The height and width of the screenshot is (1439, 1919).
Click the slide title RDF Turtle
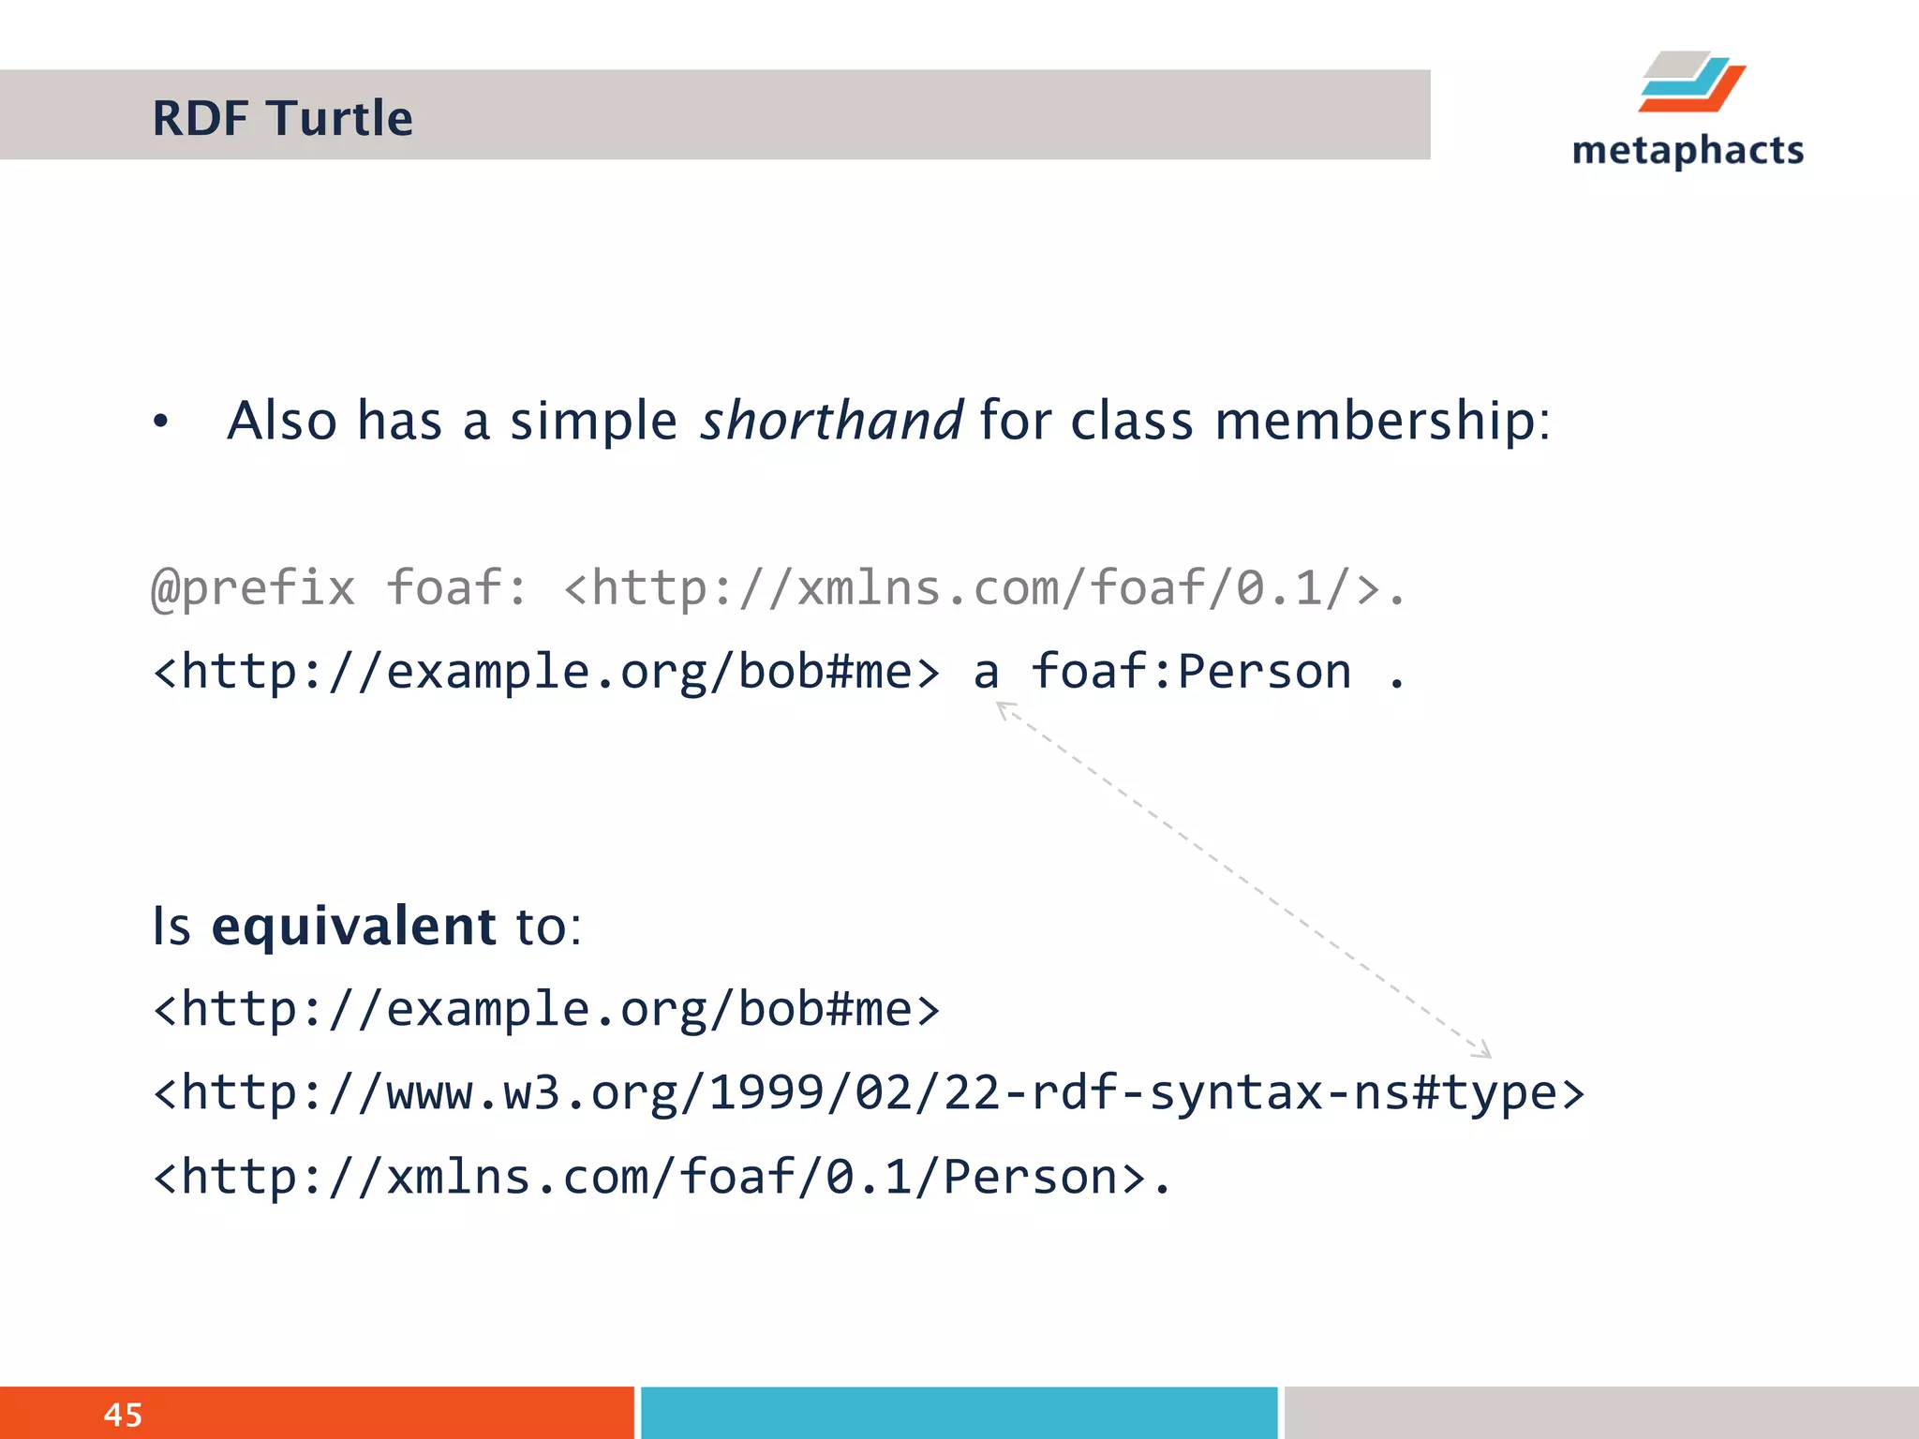[x=282, y=119]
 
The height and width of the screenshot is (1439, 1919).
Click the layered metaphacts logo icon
[x=1691, y=82]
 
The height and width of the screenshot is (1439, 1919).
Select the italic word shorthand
[x=831, y=421]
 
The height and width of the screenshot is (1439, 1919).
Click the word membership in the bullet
[x=1382, y=421]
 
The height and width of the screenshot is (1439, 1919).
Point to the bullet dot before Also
[x=161, y=423]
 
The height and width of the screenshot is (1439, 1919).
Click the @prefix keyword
[x=254, y=589]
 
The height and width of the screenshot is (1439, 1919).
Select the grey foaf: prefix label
[x=457, y=589]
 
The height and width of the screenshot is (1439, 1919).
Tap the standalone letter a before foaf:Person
[x=986, y=673]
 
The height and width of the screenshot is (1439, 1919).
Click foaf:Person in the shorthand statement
[x=1191, y=673]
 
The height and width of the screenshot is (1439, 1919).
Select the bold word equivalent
[x=353, y=927]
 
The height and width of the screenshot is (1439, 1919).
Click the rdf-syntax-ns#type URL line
[x=869, y=1093]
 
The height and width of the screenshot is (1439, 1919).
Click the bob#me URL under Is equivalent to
[x=546, y=1010]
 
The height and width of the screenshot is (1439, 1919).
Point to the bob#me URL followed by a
[x=546, y=673]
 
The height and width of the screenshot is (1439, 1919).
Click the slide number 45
[x=123, y=1415]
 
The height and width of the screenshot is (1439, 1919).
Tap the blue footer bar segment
[x=959, y=1413]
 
